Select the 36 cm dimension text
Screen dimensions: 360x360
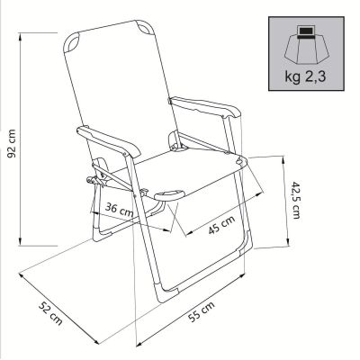(119, 209)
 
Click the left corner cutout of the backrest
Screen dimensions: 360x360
(75, 40)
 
